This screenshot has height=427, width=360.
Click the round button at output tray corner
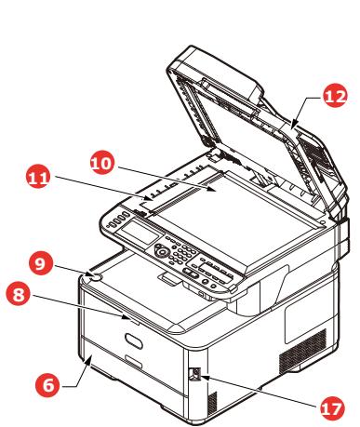pos(94,274)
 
